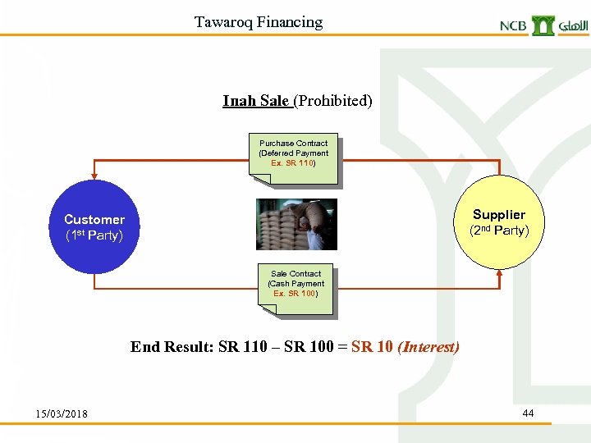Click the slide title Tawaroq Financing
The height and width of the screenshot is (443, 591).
tap(259, 22)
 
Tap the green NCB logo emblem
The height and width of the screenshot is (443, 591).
tap(543, 25)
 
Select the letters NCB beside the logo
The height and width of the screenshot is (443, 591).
tap(514, 26)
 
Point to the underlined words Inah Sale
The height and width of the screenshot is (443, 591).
tap(256, 101)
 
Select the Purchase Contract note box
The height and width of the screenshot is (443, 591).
tap(294, 153)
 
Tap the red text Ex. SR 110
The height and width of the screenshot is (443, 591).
tap(293, 163)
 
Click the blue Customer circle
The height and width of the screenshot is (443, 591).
tap(94, 226)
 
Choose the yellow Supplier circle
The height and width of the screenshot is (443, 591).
tap(498, 221)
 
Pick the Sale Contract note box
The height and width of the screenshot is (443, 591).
tap(296, 284)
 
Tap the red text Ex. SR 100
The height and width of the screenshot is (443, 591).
tap(295, 294)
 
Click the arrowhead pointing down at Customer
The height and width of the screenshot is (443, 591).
tap(94, 175)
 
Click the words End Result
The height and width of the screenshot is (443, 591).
tap(172, 347)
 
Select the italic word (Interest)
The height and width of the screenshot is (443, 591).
tap(428, 347)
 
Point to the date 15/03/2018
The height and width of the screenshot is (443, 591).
tap(62, 413)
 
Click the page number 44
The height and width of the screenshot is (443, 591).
tap(528, 413)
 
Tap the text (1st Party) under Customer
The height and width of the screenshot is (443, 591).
tap(94, 236)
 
